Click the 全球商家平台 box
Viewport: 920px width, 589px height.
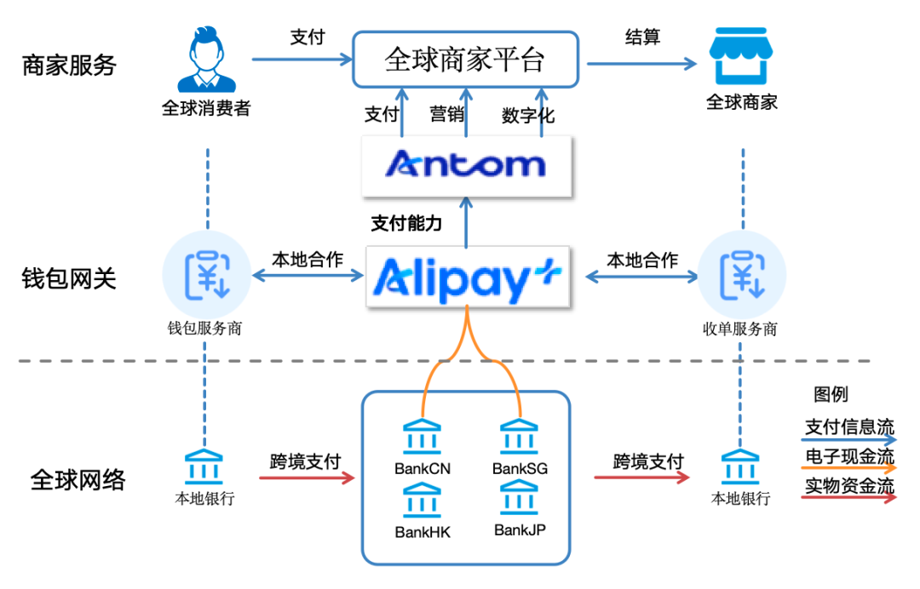click(x=465, y=60)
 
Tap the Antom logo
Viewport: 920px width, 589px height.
click(x=465, y=164)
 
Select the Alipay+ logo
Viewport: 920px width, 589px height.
click(x=466, y=277)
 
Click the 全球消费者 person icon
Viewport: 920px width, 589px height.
click(x=206, y=61)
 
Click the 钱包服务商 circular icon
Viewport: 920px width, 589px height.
click(x=206, y=274)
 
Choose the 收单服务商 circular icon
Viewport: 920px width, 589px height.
click(x=740, y=274)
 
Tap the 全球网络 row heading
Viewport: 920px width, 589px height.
click(x=78, y=480)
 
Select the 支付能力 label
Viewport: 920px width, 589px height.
click(x=406, y=224)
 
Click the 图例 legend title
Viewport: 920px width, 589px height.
click(x=831, y=395)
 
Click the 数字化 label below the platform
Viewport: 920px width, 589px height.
click(x=528, y=115)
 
